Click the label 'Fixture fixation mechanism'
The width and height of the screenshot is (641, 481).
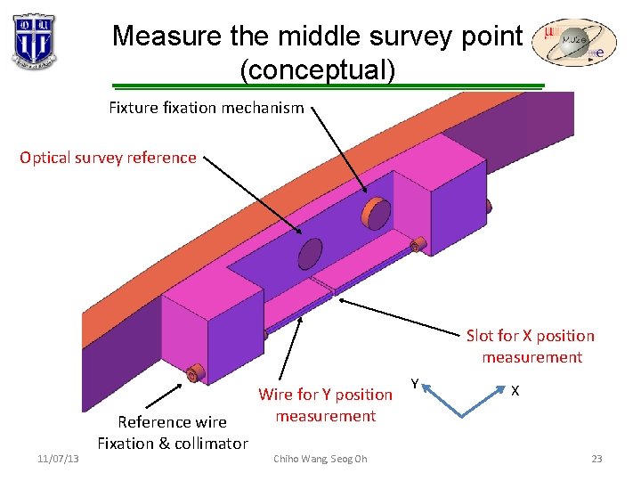[x=206, y=108]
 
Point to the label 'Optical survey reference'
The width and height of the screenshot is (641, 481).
[x=108, y=158]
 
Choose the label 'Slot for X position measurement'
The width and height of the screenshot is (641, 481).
[x=531, y=346]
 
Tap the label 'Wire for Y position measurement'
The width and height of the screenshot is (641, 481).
[x=325, y=404]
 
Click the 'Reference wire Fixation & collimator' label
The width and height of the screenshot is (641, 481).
[x=173, y=432]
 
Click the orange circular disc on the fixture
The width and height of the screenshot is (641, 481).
[x=375, y=212]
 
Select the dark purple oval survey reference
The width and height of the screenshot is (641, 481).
[x=310, y=253]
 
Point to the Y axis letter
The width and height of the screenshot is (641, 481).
[x=415, y=383]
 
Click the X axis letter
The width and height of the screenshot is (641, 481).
[x=515, y=390]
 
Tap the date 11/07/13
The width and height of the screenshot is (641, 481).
[x=58, y=459]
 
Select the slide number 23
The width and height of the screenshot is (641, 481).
[x=596, y=459]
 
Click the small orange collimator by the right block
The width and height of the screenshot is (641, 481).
[x=416, y=244]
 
